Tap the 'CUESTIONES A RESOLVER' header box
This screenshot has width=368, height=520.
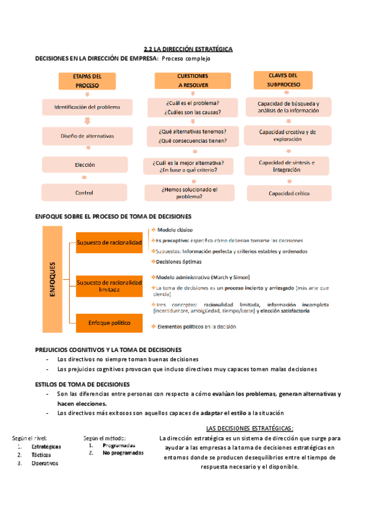188,81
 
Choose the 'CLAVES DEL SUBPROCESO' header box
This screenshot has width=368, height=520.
283,79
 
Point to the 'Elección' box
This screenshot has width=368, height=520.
85,165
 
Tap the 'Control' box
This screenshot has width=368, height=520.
85,193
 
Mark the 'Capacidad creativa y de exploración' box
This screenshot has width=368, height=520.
288,136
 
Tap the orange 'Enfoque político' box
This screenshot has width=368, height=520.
109,322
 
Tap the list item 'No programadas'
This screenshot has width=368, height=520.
123,453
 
